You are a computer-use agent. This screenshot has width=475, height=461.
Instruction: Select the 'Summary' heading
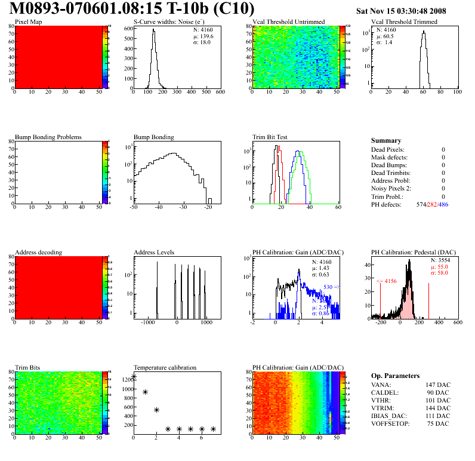click(386, 140)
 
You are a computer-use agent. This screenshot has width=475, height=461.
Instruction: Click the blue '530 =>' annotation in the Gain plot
click(332, 287)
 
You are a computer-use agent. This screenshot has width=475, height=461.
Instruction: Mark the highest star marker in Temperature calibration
click(134, 377)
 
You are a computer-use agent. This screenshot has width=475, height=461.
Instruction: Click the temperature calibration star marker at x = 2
click(156, 410)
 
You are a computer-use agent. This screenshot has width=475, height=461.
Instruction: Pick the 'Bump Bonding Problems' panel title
click(48, 137)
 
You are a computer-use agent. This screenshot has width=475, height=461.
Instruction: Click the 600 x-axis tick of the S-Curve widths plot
click(220, 93)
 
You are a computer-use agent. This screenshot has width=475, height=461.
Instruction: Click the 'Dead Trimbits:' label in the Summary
click(391, 173)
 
